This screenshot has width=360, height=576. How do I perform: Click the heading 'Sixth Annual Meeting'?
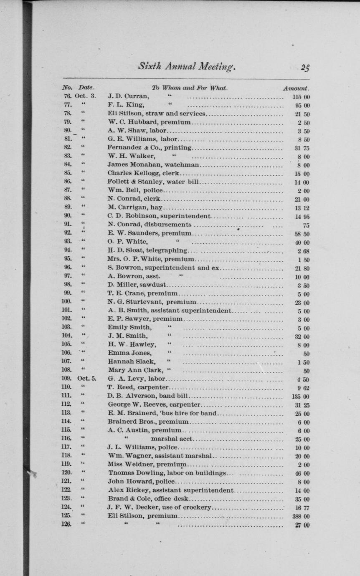[187, 66]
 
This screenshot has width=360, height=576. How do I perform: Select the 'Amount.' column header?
[296, 88]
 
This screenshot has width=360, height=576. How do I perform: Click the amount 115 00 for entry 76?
[301, 97]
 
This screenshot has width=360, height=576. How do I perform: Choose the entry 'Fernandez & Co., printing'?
[150, 148]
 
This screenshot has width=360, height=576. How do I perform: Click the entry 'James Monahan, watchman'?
[153, 165]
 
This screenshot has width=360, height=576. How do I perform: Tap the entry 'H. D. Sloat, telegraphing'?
[147, 250]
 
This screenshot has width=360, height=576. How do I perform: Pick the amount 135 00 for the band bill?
[301, 397]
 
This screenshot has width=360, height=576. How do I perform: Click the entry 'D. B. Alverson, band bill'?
[148, 396]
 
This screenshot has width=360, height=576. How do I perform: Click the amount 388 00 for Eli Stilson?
[301, 516]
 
